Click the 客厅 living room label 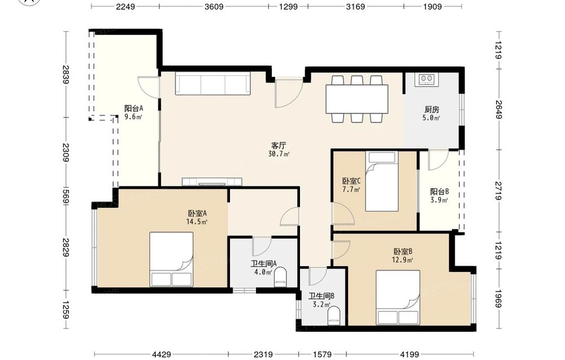click(x=279, y=146)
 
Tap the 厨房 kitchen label click(x=432, y=110)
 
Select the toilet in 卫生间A click(x=281, y=277)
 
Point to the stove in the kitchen click(x=427, y=79)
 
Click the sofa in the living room click(x=212, y=83)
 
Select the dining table click(x=357, y=99)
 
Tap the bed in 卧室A click(x=172, y=259)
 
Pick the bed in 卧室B click(x=398, y=297)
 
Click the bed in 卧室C click(x=382, y=181)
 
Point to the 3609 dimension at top click(x=214, y=6)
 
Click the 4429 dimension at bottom click(x=162, y=354)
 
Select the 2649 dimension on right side click(x=498, y=110)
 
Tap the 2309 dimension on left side click(x=65, y=153)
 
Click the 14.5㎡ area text click(x=197, y=222)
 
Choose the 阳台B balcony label click(x=439, y=192)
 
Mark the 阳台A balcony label click(x=134, y=108)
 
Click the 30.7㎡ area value click(x=279, y=154)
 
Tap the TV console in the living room click(x=212, y=181)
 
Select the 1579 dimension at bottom click(x=322, y=354)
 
